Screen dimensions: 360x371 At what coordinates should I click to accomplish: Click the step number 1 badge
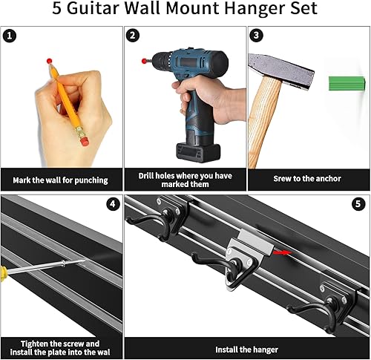click(x=10, y=36)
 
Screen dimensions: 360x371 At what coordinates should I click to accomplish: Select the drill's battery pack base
click(x=197, y=151)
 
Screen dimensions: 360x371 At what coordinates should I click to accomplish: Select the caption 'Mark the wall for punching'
click(x=61, y=180)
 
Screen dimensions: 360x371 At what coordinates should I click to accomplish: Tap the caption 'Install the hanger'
click(x=246, y=349)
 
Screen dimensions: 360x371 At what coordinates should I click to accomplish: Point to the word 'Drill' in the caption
click(x=148, y=176)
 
